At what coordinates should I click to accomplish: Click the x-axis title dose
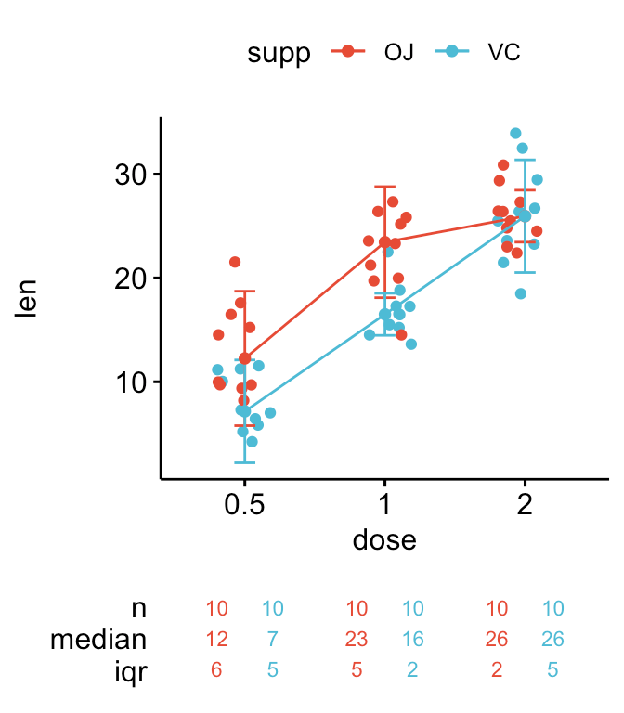384,539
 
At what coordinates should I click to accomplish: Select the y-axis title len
27,298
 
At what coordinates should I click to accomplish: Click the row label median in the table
98,640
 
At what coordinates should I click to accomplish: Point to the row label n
139,609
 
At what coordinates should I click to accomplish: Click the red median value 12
217,640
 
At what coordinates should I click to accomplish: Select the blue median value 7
272,640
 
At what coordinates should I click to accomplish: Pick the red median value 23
357,640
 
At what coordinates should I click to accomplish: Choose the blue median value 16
412,640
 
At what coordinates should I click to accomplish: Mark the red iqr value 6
217,670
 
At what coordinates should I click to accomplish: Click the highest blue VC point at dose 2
515,134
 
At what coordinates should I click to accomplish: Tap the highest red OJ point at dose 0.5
235,262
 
